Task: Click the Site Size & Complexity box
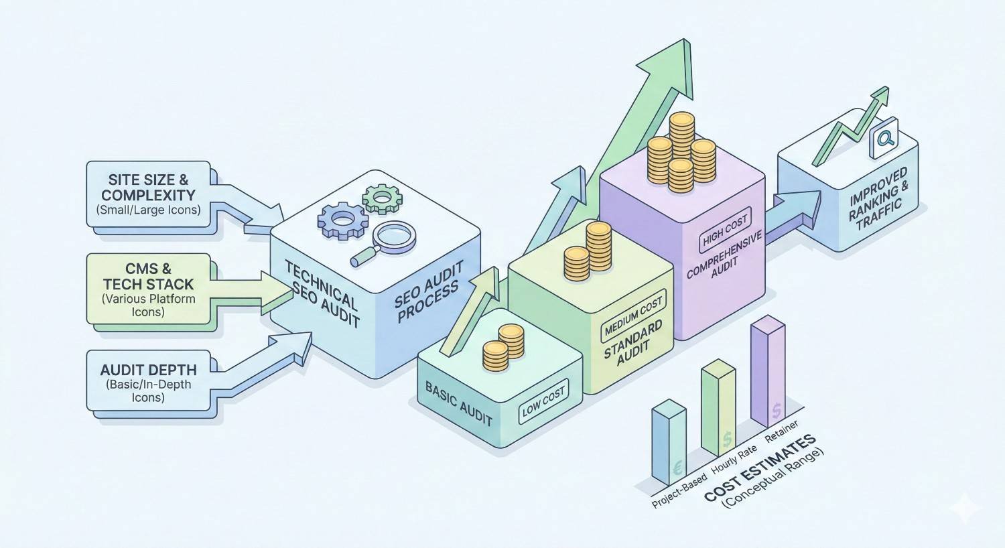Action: tap(148, 194)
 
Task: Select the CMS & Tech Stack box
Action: tap(149, 289)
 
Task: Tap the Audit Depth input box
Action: tap(148, 382)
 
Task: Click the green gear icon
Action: tap(381, 198)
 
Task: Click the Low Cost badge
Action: tap(543, 401)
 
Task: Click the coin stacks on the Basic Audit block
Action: tap(503, 348)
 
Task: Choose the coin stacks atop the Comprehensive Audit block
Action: tap(682, 151)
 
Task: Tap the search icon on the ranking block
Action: tap(884, 139)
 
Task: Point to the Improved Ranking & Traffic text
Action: tap(879, 198)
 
